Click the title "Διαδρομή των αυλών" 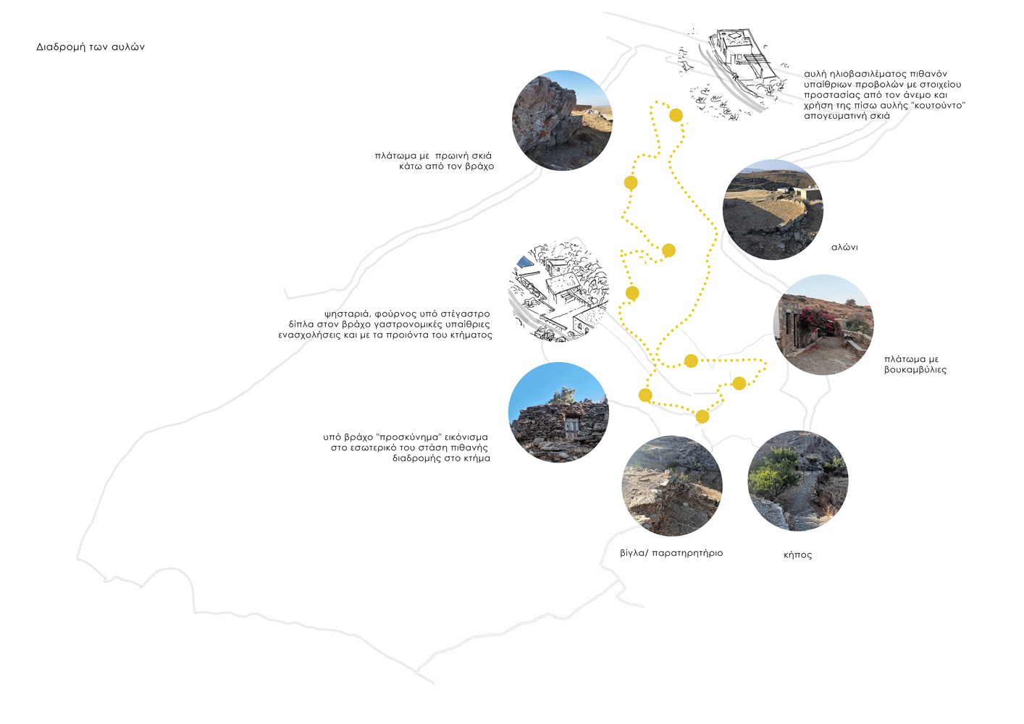91,47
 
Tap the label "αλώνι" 844,248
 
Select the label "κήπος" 798,555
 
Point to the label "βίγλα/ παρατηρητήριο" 671,553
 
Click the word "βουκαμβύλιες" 915,370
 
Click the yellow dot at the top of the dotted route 676,115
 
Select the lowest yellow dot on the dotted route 702,416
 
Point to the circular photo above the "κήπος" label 798,481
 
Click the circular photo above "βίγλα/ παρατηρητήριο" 672,486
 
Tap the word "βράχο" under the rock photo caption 479,167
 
